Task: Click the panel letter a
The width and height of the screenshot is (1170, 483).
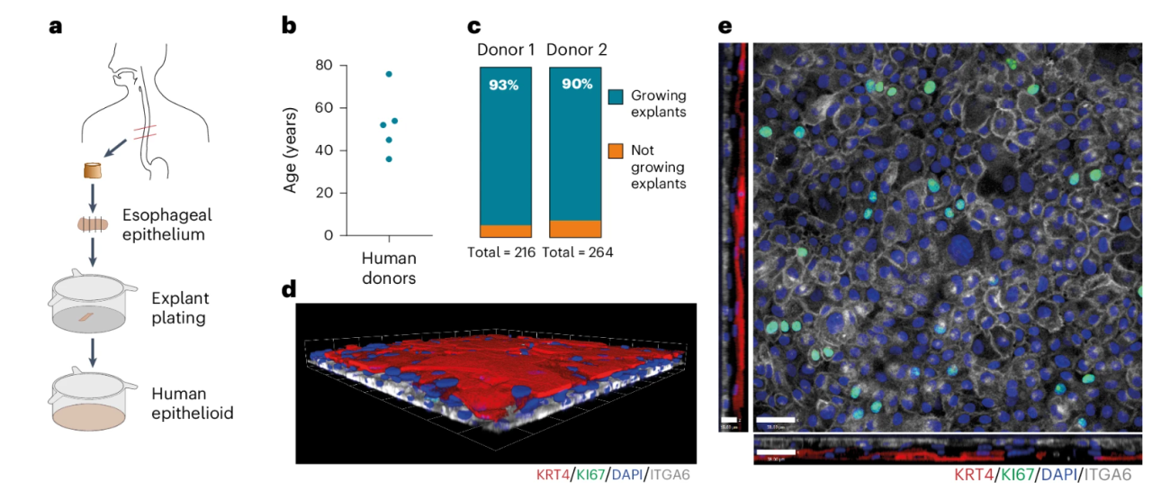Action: (56, 26)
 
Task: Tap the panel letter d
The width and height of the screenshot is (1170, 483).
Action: (289, 290)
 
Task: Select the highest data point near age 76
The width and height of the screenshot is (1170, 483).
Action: (389, 74)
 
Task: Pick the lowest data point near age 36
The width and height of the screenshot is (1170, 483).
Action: (389, 159)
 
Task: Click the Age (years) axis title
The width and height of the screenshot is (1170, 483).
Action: (294, 150)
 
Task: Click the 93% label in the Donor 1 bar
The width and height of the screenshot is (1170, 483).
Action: (503, 85)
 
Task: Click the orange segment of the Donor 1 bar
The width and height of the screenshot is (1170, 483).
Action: (504, 231)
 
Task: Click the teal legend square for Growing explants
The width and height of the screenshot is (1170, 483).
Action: (616, 96)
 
